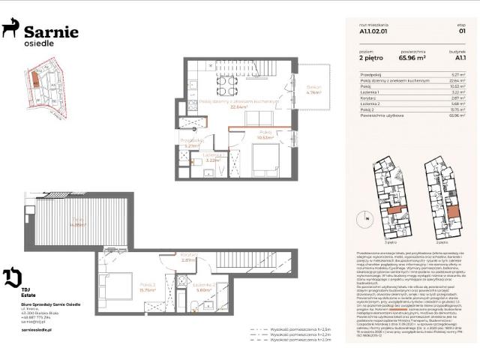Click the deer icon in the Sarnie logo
11,29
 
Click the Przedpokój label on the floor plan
192,139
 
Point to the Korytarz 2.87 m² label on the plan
188,257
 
